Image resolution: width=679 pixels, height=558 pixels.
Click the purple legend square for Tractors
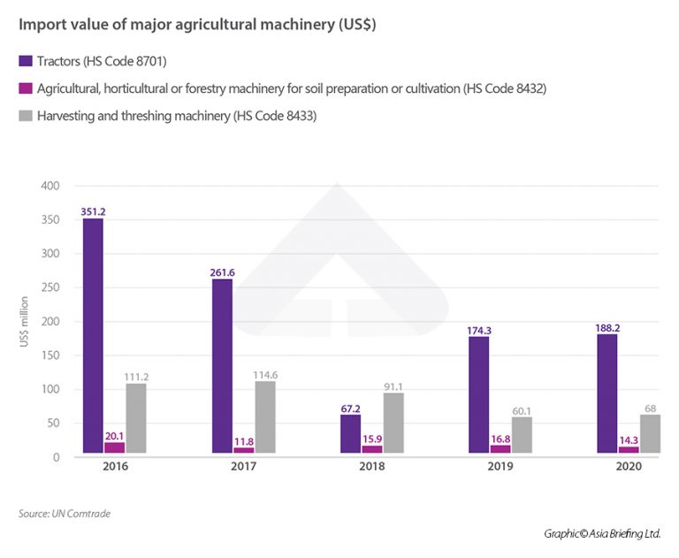(x=25, y=61)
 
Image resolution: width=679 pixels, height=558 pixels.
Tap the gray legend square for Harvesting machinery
(x=25, y=115)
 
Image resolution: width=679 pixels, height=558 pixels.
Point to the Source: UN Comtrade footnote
(x=64, y=514)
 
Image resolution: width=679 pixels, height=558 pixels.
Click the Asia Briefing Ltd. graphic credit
(x=601, y=533)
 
